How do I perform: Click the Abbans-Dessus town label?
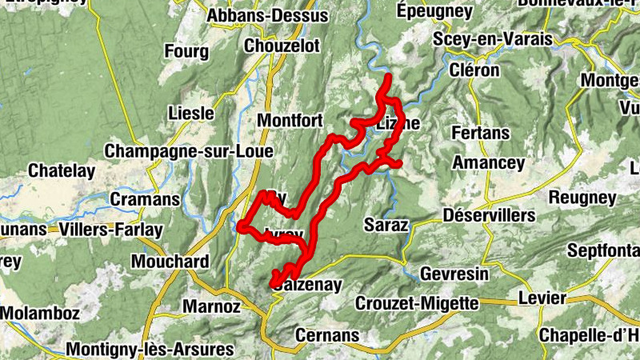click(x=267, y=16)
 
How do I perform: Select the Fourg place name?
click(x=186, y=52)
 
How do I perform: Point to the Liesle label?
click(x=191, y=113)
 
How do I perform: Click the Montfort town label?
click(x=290, y=121)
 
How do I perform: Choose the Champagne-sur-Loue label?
click(x=189, y=150)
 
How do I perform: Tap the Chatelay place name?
click(x=61, y=170)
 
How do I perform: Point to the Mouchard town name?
click(x=170, y=261)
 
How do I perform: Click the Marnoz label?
click(x=211, y=306)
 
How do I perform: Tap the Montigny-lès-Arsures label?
click(x=150, y=350)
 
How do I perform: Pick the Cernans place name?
click(x=327, y=334)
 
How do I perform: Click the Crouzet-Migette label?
click(x=416, y=303)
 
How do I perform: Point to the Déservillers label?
click(x=488, y=216)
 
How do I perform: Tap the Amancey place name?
click(x=488, y=163)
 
